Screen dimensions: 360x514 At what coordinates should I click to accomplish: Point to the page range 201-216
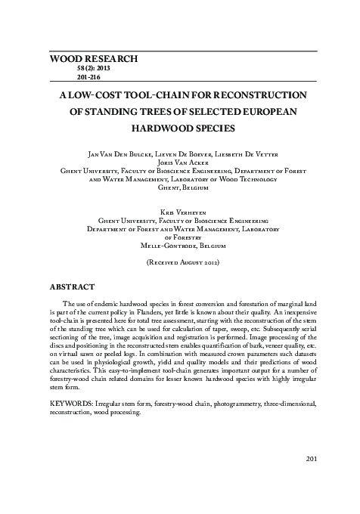[89, 77]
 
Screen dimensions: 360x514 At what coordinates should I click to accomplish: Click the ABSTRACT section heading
[72, 287]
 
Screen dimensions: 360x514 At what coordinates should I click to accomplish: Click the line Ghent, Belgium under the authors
[180, 187]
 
